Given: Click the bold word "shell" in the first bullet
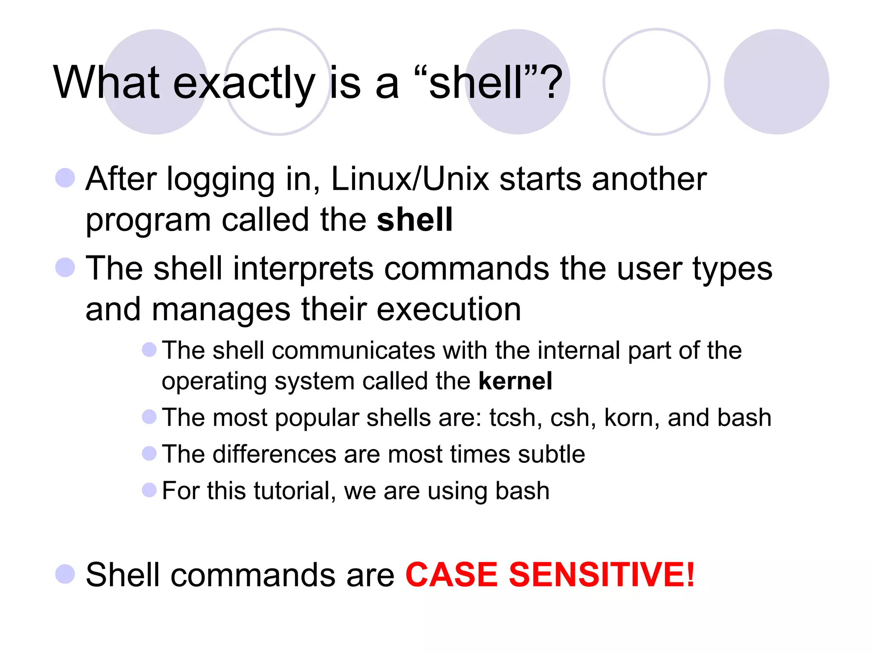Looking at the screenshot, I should (x=414, y=220).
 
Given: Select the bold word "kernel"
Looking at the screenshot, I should (x=515, y=381).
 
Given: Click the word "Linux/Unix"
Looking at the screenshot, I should (x=410, y=179).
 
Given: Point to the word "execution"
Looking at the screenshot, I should (x=448, y=309).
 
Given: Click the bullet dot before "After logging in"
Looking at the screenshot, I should (x=65, y=178).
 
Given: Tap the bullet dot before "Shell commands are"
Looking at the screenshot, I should (x=65, y=574).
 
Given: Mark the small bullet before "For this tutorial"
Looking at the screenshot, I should (x=149, y=490).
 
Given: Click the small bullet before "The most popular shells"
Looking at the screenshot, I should (x=149, y=417).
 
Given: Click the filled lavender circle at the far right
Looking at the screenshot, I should (x=776, y=82).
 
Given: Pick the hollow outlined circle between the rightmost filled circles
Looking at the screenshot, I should (x=656, y=82).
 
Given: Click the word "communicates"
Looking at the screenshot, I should (x=353, y=350).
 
